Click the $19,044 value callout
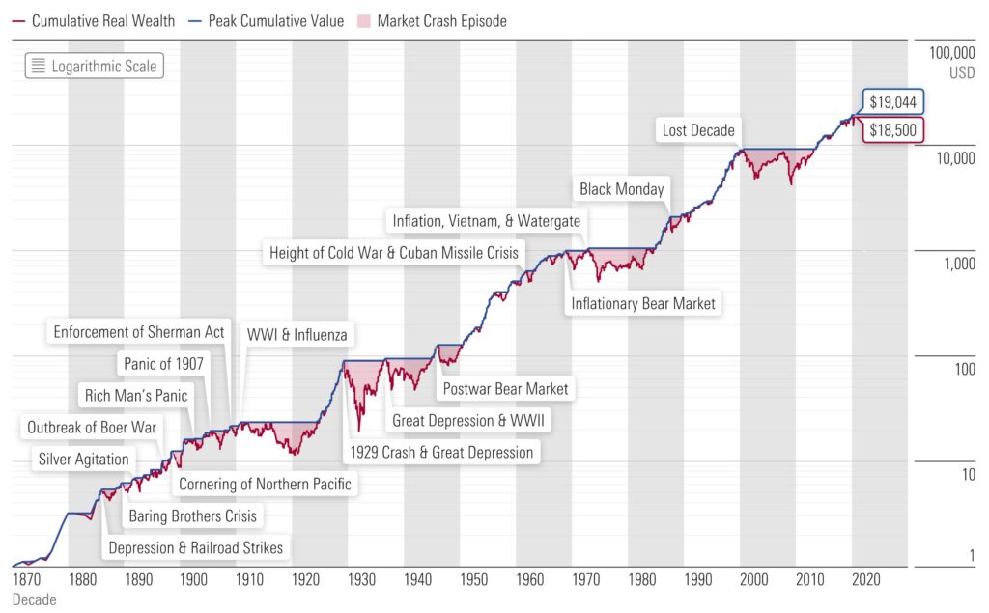click(893, 102)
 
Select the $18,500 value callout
click(893, 130)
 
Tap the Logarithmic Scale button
click(93, 67)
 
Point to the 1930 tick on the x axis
click(362, 579)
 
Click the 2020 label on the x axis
click(865, 579)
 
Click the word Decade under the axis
click(35, 599)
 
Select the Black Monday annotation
click(621, 189)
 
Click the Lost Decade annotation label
click(698, 130)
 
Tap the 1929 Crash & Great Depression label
click(440, 452)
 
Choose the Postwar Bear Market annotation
click(505, 389)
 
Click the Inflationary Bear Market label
click(643, 303)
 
